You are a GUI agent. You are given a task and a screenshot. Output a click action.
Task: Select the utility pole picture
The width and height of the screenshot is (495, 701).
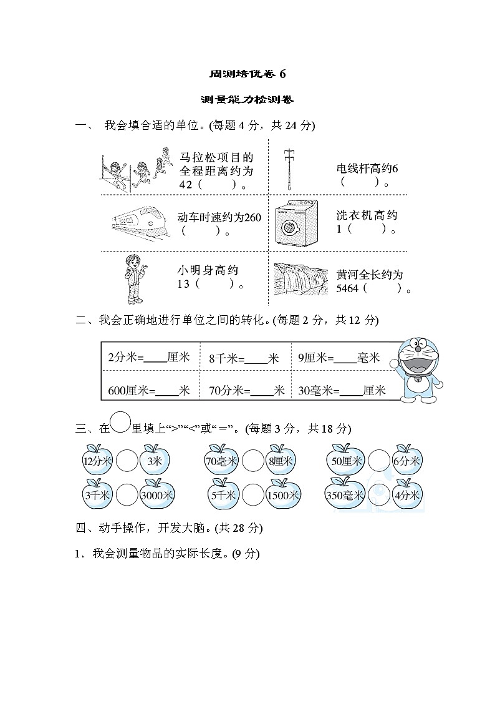[x=287, y=168]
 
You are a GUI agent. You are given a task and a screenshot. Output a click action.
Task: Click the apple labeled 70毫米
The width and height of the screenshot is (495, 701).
[x=221, y=461]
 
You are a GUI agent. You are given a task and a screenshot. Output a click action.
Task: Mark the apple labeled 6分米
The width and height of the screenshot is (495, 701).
[x=408, y=461]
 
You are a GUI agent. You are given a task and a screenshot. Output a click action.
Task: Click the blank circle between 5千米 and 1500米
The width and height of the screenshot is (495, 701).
[x=252, y=495]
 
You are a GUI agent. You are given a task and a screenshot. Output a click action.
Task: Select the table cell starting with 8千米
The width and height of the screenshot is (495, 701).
[x=244, y=358]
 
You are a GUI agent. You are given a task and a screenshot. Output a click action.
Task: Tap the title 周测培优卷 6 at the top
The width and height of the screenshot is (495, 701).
[x=247, y=74]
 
